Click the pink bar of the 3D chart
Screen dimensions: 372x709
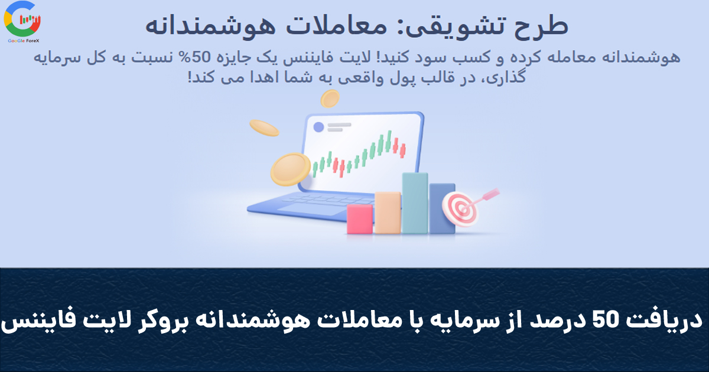coord(360,218)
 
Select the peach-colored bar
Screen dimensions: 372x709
coord(388,212)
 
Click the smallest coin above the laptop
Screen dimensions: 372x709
coord(330,98)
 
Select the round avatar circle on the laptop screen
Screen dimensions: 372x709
coord(318,127)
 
